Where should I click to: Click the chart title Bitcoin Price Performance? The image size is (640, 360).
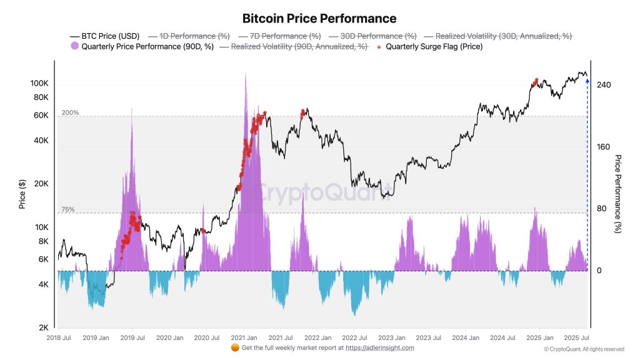(x=319, y=19)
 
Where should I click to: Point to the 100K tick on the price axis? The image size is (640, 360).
(x=40, y=84)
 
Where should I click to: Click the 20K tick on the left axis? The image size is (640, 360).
(x=42, y=184)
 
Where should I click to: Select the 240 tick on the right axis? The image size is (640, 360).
(x=604, y=85)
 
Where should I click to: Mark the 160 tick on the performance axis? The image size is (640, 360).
(x=604, y=147)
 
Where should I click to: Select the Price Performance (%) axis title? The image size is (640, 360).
(x=618, y=194)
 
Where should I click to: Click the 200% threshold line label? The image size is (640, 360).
(x=70, y=112)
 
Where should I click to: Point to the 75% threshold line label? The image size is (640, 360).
(x=68, y=209)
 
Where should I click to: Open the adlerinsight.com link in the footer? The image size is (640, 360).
(x=379, y=347)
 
